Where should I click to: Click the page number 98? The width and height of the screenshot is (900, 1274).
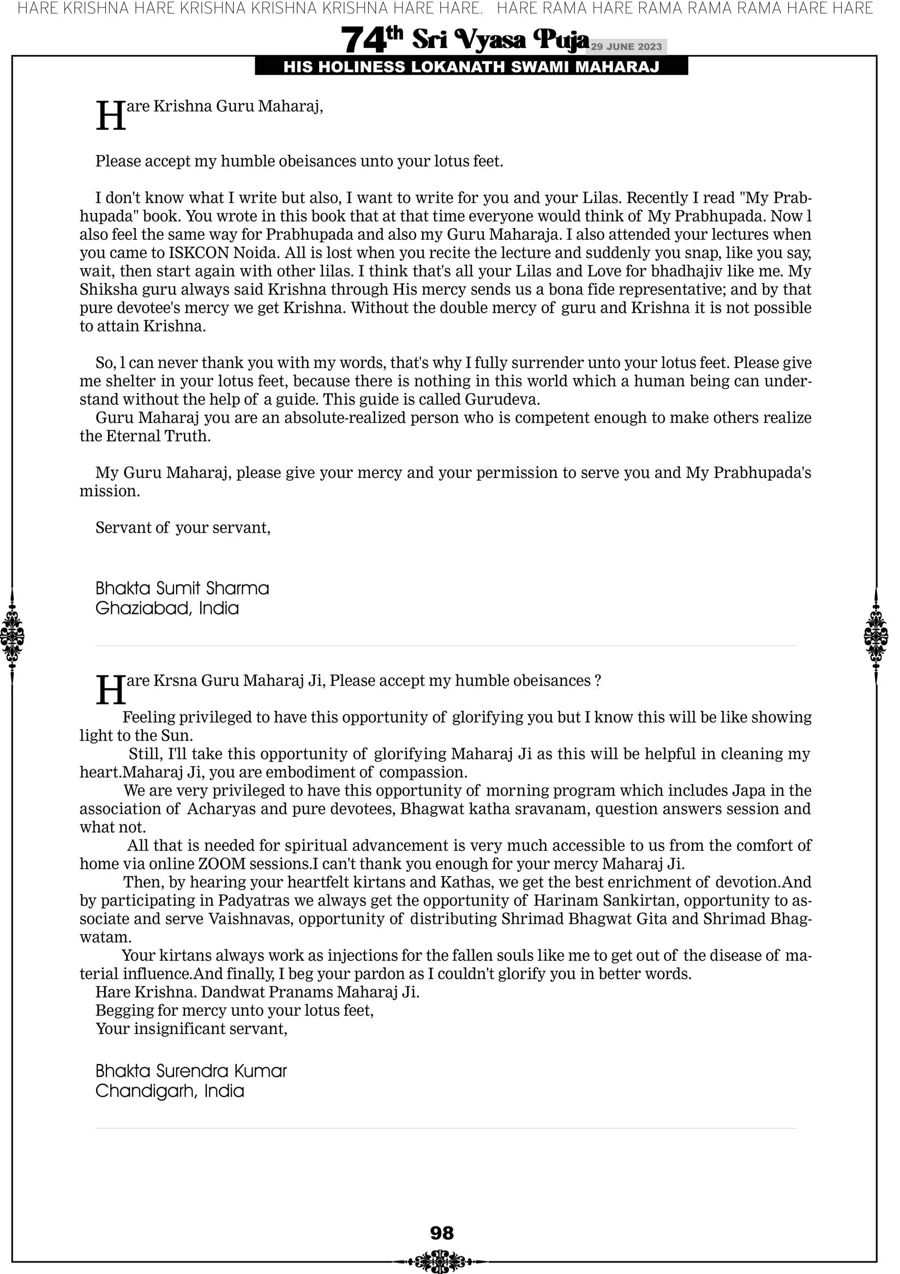tap(442, 1233)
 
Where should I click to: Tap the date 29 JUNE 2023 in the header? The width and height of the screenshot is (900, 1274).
tap(626, 46)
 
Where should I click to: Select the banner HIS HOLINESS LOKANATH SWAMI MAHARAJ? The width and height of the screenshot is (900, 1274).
tap(471, 67)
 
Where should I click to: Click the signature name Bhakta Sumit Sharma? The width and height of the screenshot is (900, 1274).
tap(182, 588)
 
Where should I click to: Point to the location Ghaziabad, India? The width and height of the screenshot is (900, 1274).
tap(167, 608)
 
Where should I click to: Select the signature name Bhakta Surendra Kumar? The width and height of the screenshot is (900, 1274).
tap(191, 1071)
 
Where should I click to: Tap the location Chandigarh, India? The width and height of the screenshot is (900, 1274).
tap(170, 1091)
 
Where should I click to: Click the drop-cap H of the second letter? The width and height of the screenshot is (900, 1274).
tap(110, 690)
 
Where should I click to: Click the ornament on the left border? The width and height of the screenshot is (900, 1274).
tap(11, 636)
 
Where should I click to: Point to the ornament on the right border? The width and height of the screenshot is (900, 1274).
tap(876, 636)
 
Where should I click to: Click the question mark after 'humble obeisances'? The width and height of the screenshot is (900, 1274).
tap(598, 681)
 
